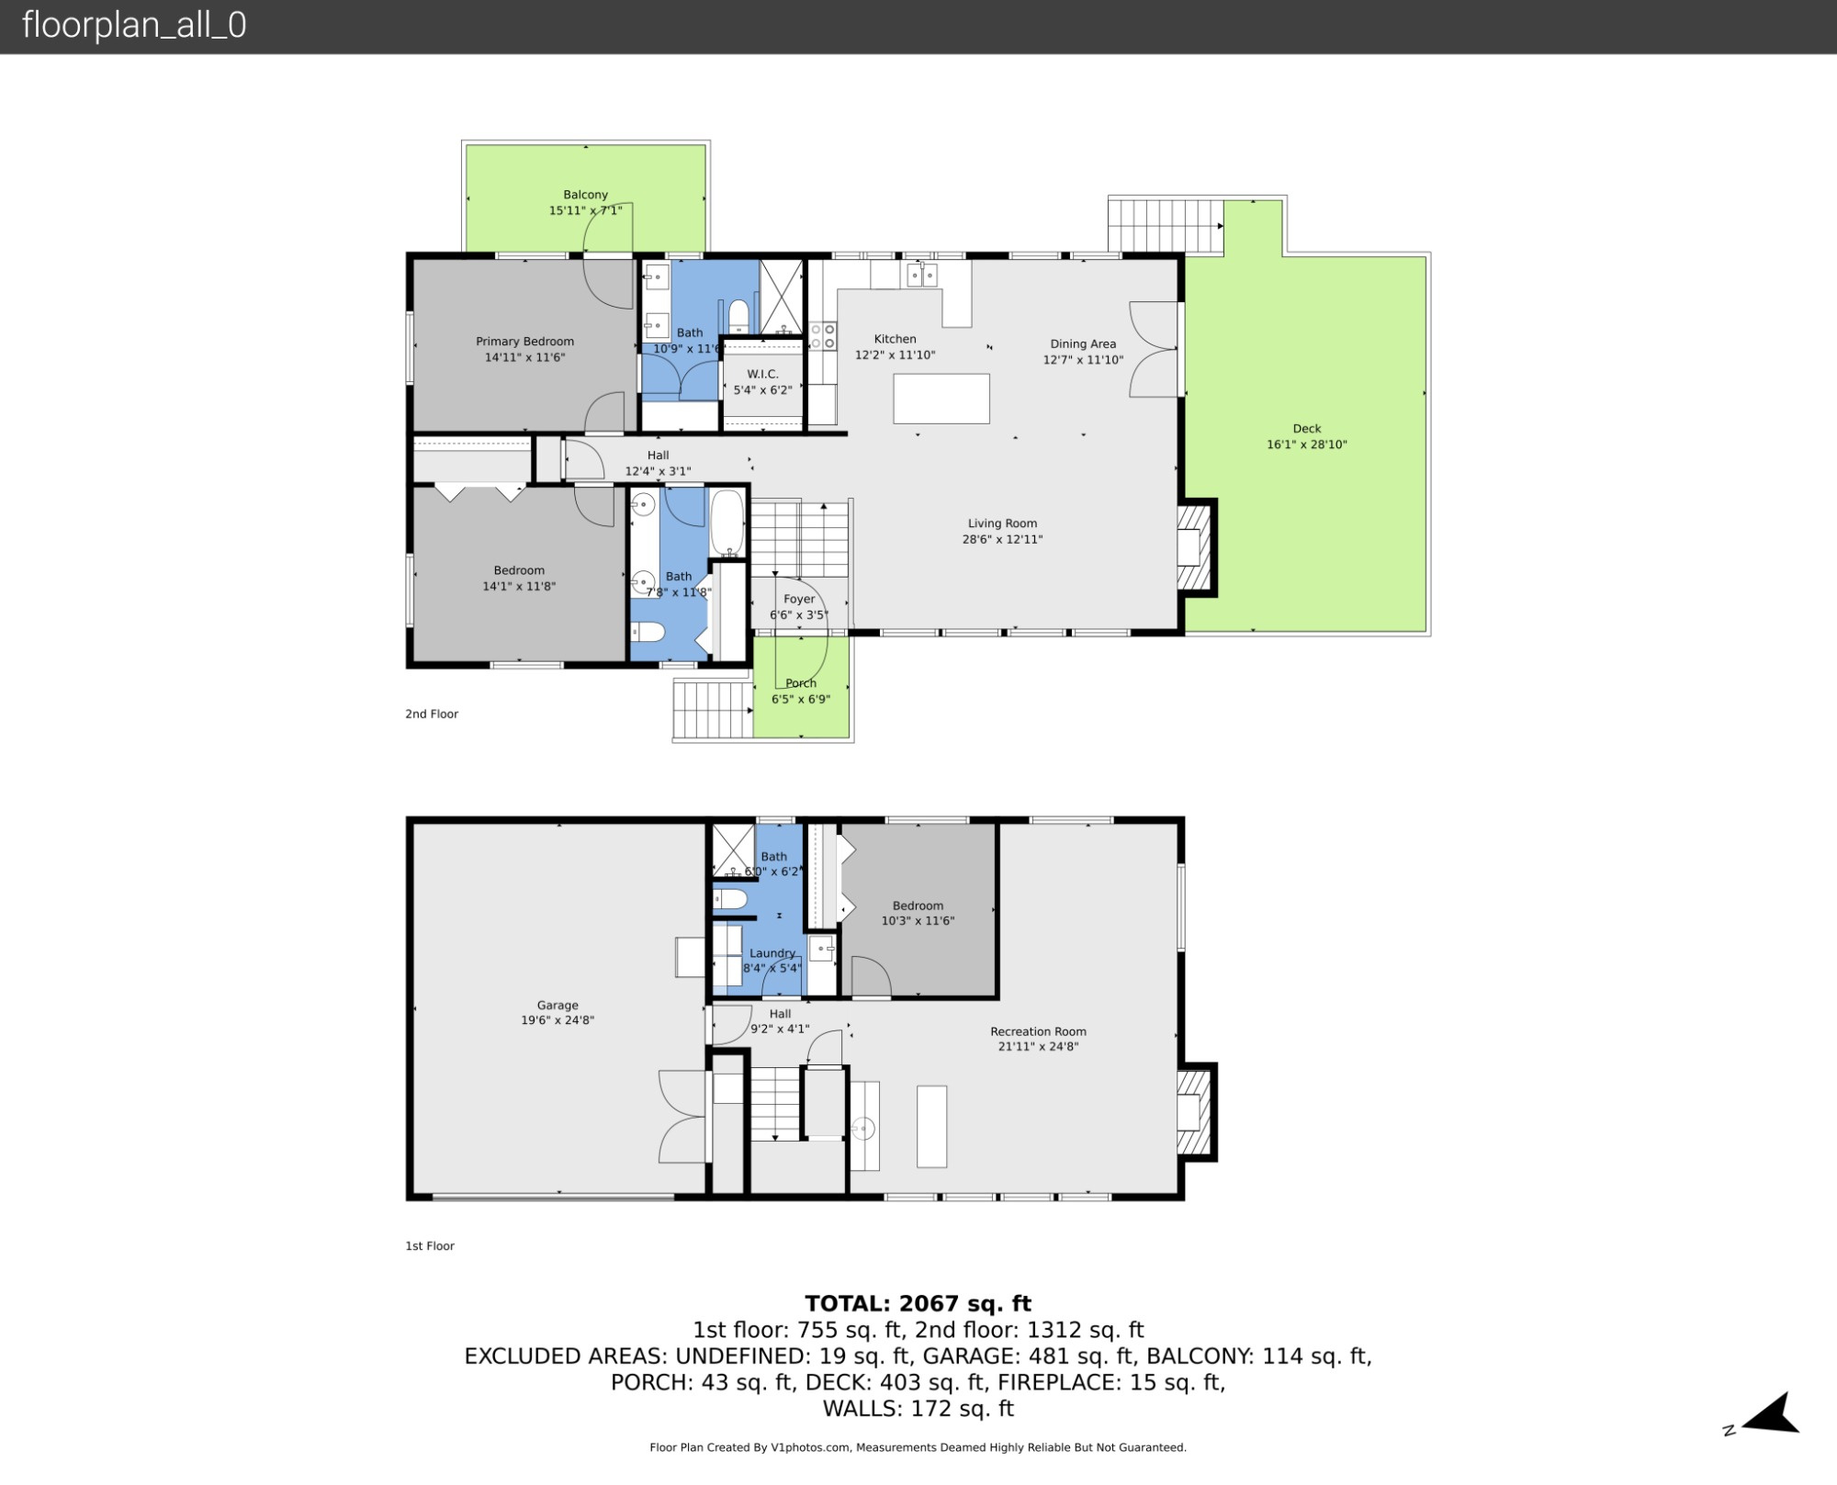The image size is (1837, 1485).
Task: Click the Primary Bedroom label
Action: coord(524,342)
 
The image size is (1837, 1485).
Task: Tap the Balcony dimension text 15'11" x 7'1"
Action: coord(585,210)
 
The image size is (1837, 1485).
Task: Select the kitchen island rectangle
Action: coord(941,399)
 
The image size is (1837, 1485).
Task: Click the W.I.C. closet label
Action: coord(762,374)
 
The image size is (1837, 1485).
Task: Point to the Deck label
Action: coord(1306,429)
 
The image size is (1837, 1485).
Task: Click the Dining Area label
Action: coord(1083,344)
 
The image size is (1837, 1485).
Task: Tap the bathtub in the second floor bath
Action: coord(727,523)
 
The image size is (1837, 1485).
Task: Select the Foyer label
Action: coord(798,599)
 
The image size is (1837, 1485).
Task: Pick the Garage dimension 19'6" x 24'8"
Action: coord(558,1020)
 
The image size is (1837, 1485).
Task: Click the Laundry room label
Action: coord(772,953)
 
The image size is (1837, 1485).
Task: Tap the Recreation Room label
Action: coord(1038,1031)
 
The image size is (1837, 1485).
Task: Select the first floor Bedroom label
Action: coord(918,906)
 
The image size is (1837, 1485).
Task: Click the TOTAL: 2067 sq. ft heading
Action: coord(918,1304)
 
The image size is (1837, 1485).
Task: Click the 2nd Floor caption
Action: coord(432,714)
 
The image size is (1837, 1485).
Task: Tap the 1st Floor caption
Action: coord(430,1246)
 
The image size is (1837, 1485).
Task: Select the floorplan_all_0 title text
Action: coord(134,25)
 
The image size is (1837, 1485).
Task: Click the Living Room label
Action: coord(1002,523)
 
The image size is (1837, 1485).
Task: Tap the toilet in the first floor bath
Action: coord(731,899)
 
